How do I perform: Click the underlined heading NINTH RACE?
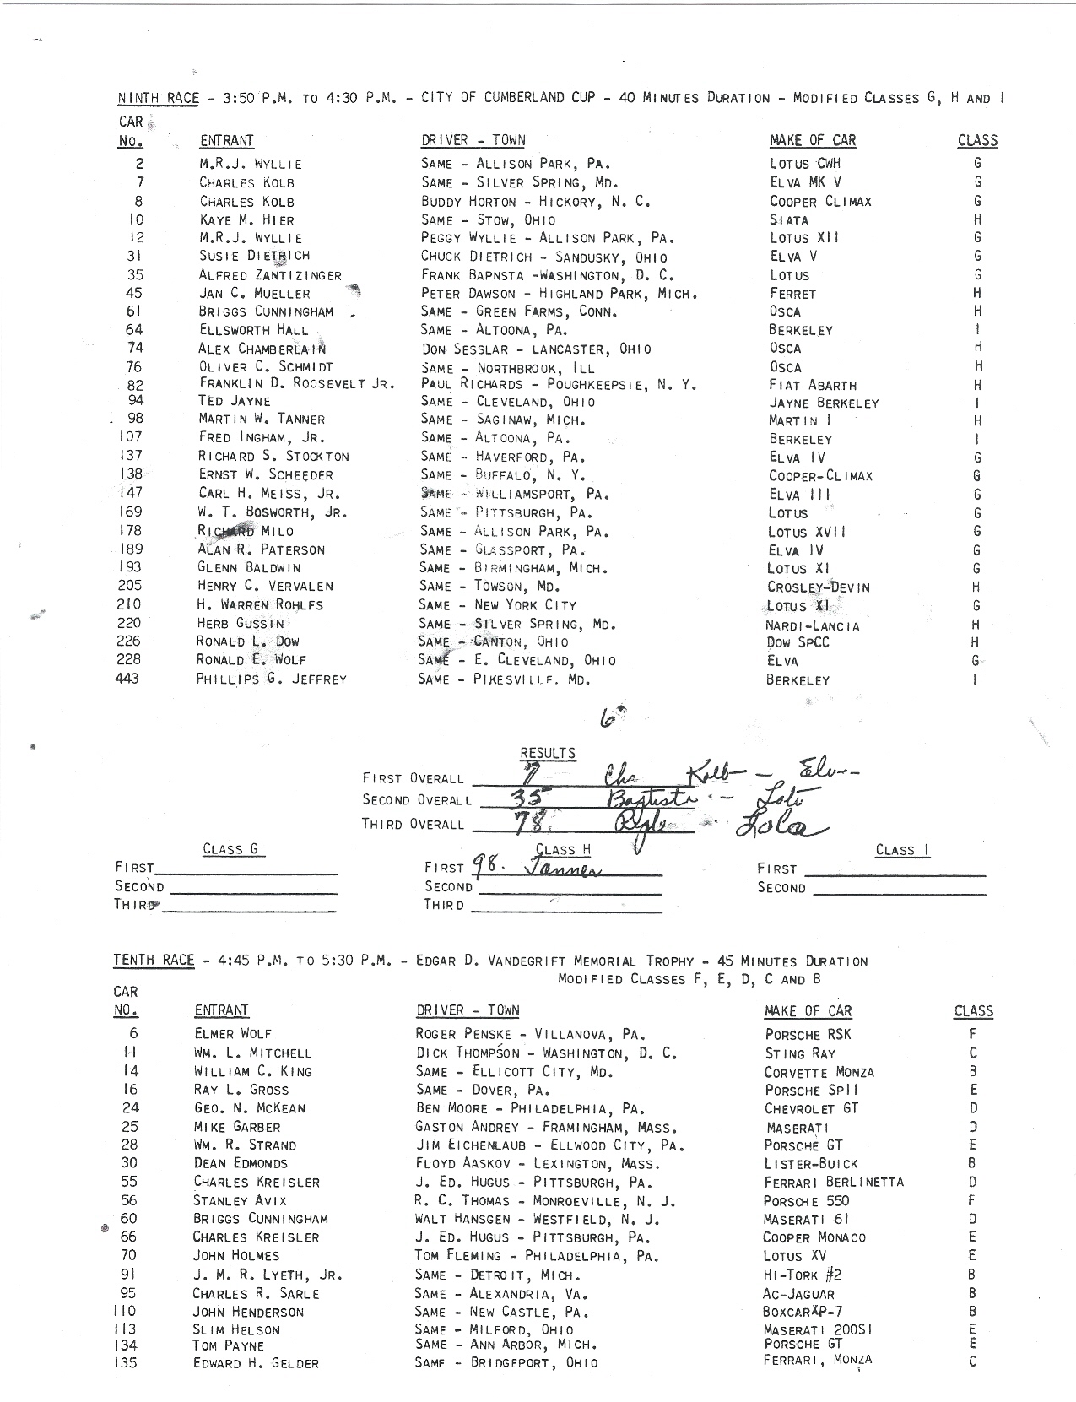point(158,98)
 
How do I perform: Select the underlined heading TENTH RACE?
point(154,961)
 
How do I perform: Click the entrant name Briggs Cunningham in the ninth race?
point(266,311)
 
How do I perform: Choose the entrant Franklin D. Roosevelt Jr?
point(296,383)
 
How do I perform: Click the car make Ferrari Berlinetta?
point(833,1182)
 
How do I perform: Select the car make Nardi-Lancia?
point(813,625)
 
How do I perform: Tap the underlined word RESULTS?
point(548,753)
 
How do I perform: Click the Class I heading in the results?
point(902,850)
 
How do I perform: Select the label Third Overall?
point(413,824)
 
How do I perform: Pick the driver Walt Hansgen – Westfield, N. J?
point(538,1219)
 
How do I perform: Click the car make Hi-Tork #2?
point(802,1275)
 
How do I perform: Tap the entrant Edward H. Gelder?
point(256,1363)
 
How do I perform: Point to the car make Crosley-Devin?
point(818,587)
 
